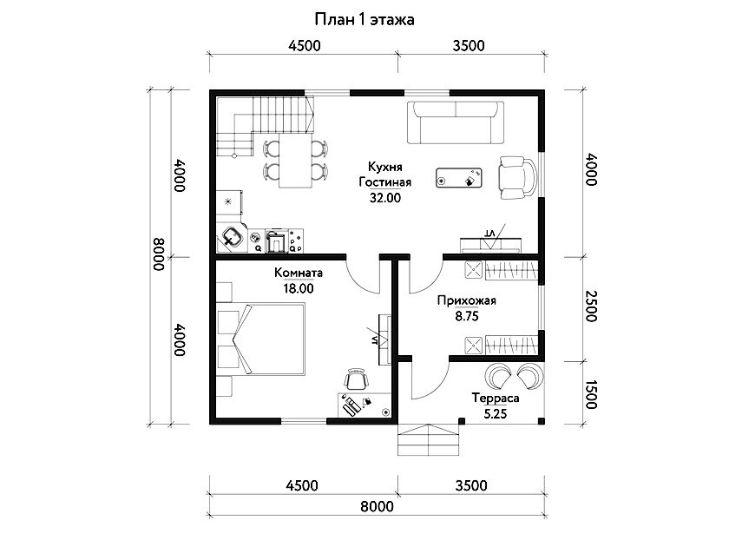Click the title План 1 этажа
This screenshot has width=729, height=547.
click(x=364, y=19)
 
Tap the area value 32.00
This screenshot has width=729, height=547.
click(x=385, y=198)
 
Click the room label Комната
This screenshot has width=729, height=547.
click(x=298, y=273)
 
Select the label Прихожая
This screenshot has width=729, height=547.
click(x=466, y=301)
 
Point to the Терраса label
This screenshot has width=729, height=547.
click(x=496, y=399)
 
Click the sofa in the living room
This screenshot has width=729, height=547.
click(x=456, y=122)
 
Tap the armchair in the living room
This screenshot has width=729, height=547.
click(x=517, y=178)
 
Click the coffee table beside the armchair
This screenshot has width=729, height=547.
click(x=458, y=178)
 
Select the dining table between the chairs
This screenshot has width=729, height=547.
click(x=295, y=161)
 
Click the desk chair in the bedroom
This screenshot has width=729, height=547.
click(x=356, y=379)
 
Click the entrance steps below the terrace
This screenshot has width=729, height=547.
click(x=428, y=439)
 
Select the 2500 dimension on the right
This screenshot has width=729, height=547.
click(x=590, y=306)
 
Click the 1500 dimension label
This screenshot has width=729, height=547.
click(x=590, y=394)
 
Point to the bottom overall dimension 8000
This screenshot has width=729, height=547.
click(x=377, y=506)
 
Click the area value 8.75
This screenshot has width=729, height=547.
click(x=467, y=317)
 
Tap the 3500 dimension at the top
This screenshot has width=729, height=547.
click(x=469, y=45)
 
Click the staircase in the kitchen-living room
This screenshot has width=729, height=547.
click(x=265, y=126)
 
